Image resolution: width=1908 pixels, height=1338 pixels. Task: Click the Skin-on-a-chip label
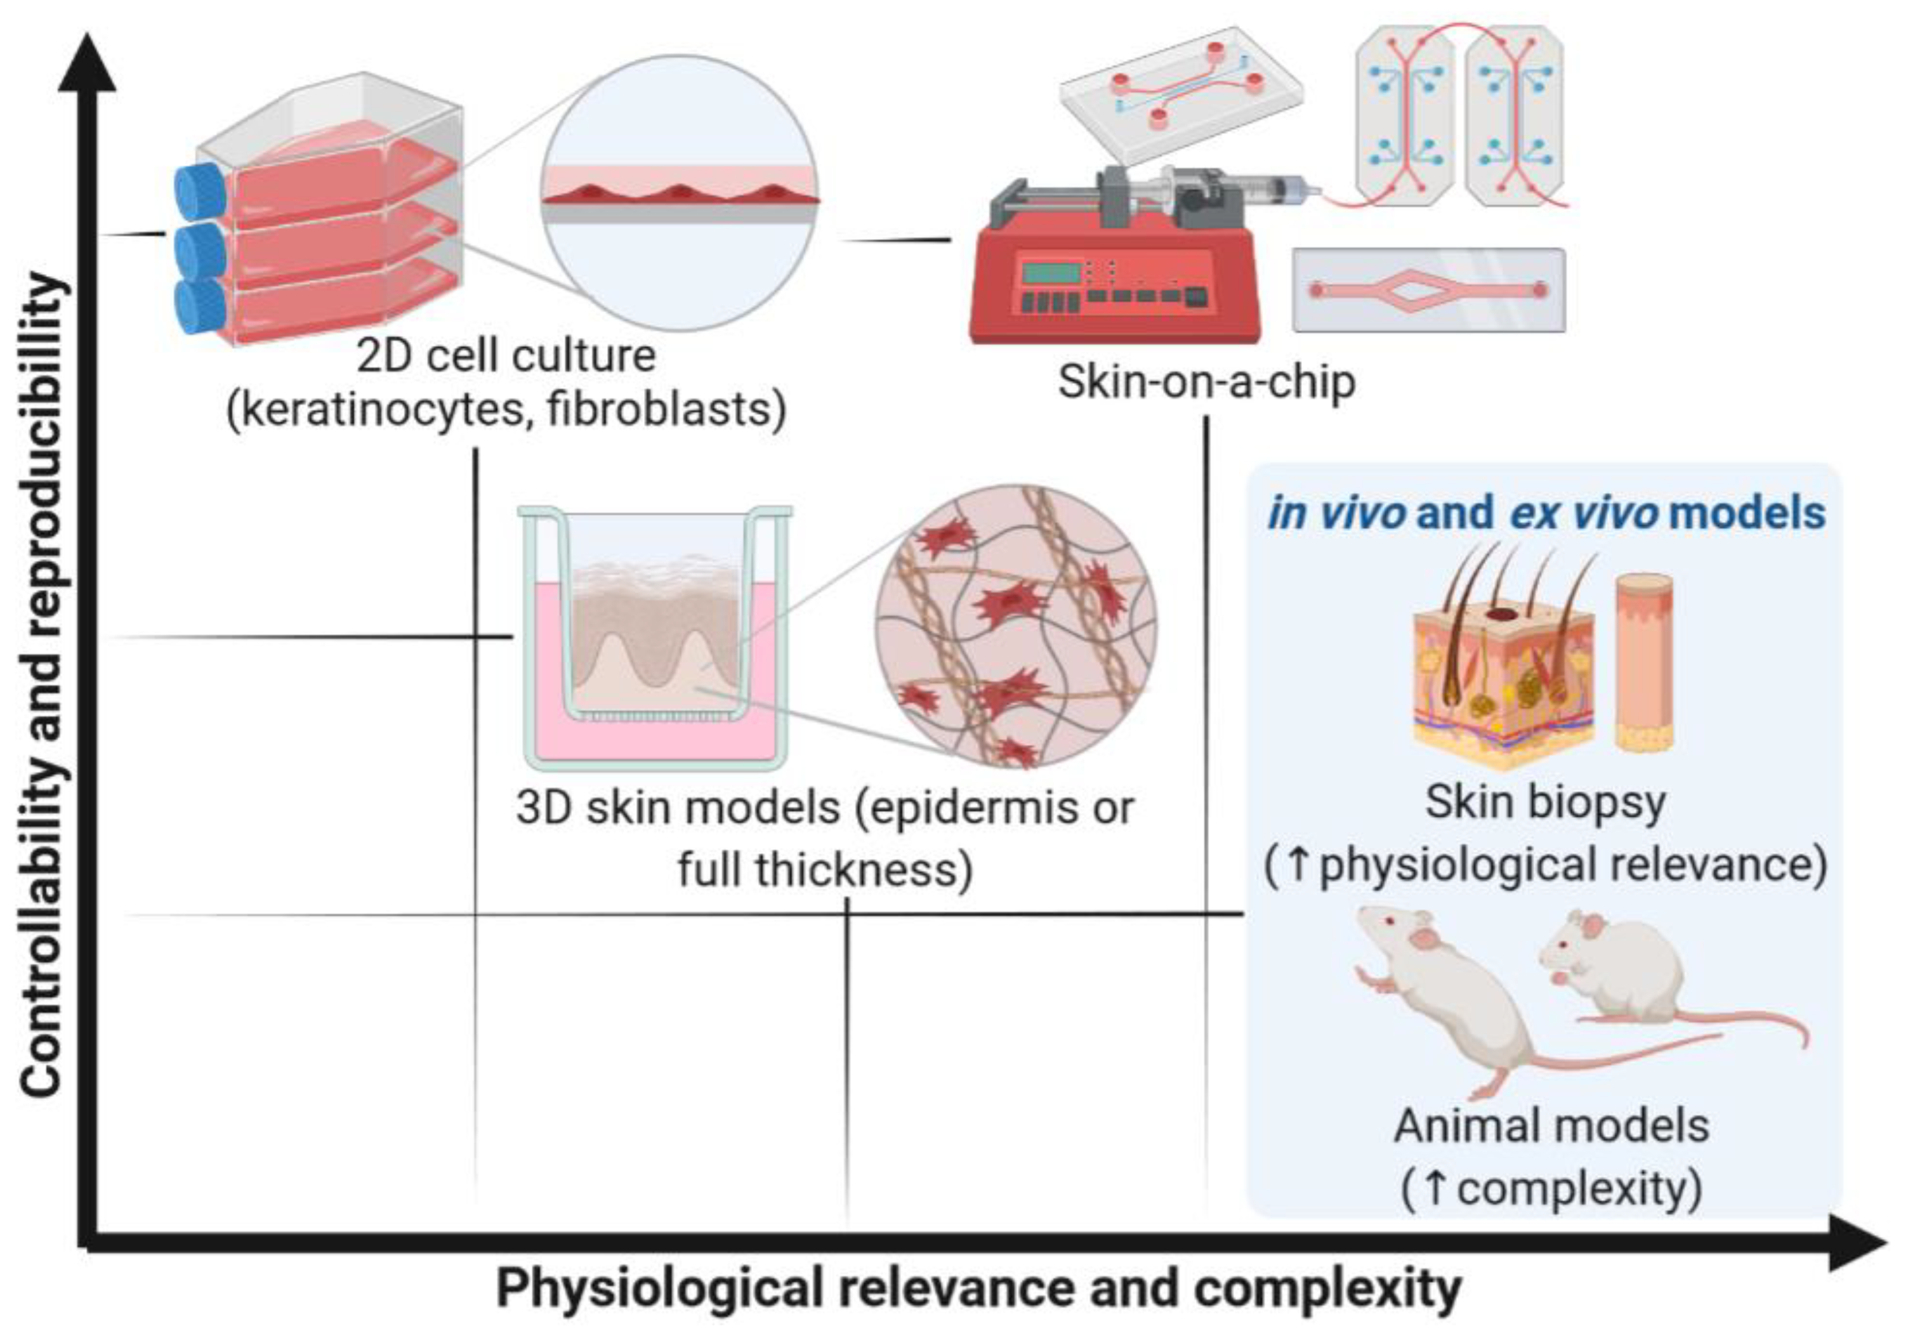pyautogui.click(x=1206, y=383)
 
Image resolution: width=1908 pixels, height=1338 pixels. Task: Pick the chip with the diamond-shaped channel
pyautogui.click(x=1428, y=290)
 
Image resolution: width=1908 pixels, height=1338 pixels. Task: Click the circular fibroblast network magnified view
pyautogui.click(x=1015, y=625)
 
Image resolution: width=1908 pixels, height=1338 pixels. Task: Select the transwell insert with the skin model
pyautogui.click(x=655, y=640)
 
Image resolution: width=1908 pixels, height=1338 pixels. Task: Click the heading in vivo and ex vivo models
pyautogui.click(x=1546, y=513)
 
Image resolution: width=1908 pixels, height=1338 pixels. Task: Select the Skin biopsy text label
pyautogui.click(x=1546, y=803)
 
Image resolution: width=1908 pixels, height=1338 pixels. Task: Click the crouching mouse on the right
pyautogui.click(x=1621, y=973)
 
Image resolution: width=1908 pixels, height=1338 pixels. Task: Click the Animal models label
pyautogui.click(x=1551, y=1127)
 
